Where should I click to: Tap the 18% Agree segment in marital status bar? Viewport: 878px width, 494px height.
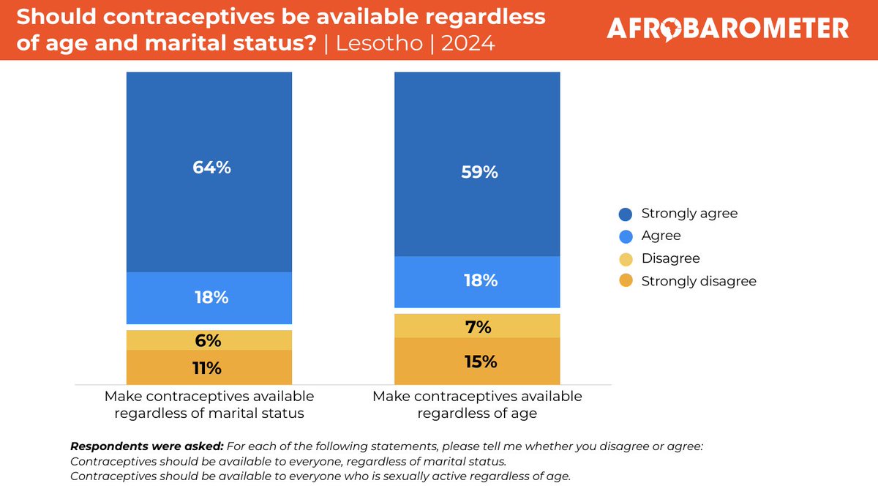[x=209, y=298]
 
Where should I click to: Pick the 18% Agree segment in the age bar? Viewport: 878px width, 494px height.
[x=477, y=282]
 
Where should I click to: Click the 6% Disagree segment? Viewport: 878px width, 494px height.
[x=209, y=340]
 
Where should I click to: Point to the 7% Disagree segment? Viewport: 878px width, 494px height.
[x=477, y=326]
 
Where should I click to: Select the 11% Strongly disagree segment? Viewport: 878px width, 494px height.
[x=209, y=367]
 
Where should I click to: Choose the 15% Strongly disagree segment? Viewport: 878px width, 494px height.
[x=477, y=362]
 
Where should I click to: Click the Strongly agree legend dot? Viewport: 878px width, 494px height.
[x=626, y=214]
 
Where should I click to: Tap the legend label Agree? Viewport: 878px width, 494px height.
[x=661, y=236]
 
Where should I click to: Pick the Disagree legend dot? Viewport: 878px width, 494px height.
[x=626, y=259]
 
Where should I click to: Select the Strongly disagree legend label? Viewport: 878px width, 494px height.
[x=698, y=281]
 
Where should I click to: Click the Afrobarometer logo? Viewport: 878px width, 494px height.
[x=728, y=29]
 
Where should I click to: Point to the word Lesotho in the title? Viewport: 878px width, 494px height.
[x=379, y=44]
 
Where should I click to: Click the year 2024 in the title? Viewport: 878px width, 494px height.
[x=467, y=44]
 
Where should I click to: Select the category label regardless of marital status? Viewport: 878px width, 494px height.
[x=209, y=413]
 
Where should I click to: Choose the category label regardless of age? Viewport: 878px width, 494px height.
[x=477, y=413]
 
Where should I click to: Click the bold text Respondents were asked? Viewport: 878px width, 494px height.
[x=146, y=446]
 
